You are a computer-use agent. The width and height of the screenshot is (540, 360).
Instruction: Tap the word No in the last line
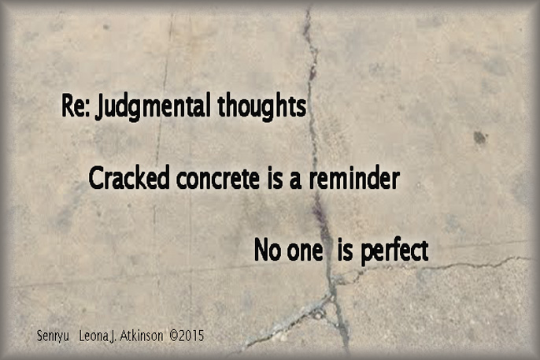[x=267, y=251]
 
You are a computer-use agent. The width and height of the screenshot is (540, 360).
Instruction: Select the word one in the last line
[x=303, y=252]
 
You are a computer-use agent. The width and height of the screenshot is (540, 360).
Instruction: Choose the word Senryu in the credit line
[x=54, y=336]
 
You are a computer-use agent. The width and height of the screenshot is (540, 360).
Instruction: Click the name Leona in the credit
[x=95, y=335]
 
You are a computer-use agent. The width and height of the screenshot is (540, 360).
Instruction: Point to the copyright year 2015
[x=191, y=335]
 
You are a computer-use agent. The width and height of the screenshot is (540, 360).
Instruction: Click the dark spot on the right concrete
[x=479, y=138]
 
